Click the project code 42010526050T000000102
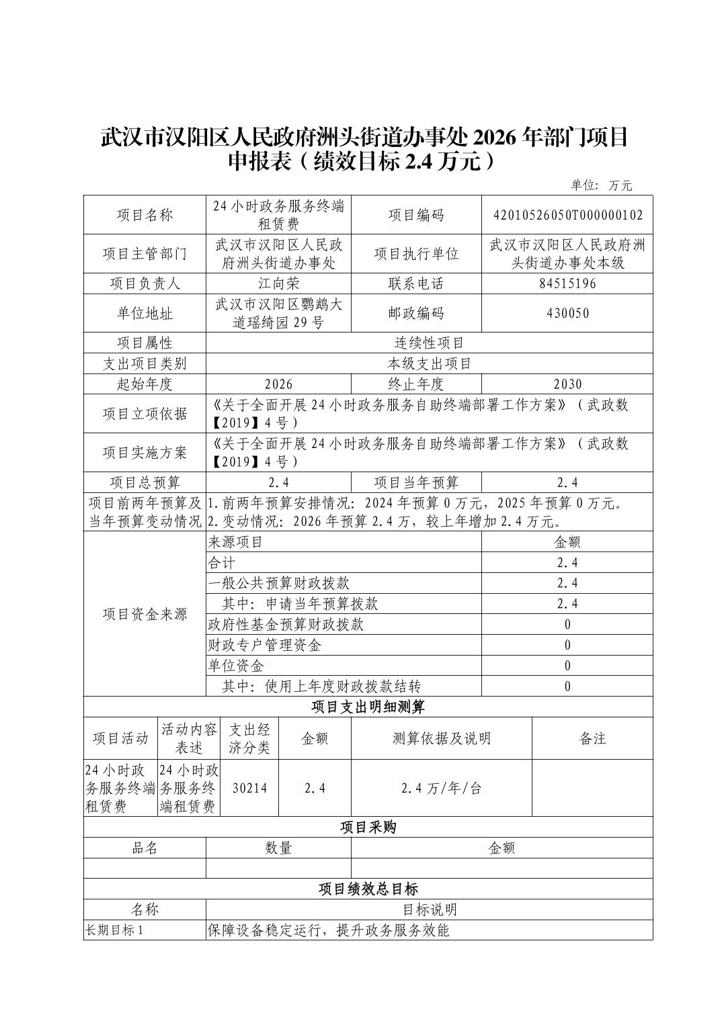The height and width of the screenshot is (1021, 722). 567,215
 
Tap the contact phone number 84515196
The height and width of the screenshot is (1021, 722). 567,283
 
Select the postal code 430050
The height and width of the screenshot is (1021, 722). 567,313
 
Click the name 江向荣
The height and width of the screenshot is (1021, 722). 278,283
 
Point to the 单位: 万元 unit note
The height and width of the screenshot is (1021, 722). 601,185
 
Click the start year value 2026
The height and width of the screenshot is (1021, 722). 278,384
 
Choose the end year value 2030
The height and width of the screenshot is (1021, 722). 567,384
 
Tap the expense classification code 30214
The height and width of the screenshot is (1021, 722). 249,788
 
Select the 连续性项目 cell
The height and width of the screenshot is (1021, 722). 429,343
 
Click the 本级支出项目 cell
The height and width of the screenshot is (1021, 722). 429,363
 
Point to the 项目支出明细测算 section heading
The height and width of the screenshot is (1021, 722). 368,707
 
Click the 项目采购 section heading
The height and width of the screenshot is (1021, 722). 368,827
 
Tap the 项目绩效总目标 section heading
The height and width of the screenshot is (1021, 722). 368,889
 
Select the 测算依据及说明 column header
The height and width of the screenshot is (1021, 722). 441,738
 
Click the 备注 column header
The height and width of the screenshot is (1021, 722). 592,738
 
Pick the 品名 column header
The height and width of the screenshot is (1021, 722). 145,848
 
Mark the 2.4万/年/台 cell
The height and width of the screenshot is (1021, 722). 441,788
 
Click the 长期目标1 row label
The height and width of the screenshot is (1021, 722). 114,930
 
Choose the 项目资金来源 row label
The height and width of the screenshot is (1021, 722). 145,614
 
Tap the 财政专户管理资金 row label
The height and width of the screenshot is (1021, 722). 264,646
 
